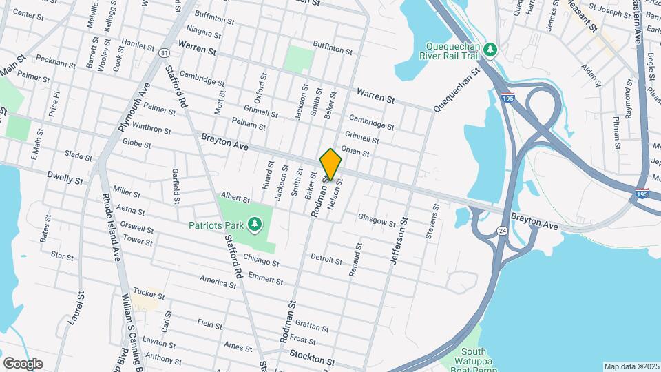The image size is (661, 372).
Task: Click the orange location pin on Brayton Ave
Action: click(331, 164)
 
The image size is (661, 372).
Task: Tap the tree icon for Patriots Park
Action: click(255, 224)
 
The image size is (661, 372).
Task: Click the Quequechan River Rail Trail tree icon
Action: click(490, 49)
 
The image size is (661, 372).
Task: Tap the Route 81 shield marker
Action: click(163, 52)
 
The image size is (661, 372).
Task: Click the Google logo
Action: click(23, 363)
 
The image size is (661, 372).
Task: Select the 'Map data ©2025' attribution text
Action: click(631, 366)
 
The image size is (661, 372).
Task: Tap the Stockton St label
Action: click(312, 361)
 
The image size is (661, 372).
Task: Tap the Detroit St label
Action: click(326, 260)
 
